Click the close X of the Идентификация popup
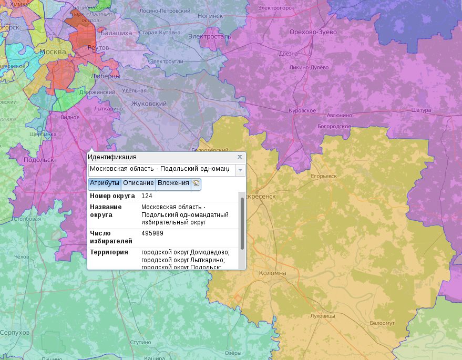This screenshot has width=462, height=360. [240, 157]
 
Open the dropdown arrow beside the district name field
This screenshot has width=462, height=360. [240, 170]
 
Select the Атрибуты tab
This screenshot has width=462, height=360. [105, 183]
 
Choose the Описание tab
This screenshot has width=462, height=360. [138, 183]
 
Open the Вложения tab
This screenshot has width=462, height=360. [173, 183]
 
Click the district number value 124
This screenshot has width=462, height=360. [147, 196]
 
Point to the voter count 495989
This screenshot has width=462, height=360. [152, 233]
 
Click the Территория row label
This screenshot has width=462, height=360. [109, 252]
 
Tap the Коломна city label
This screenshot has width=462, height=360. [272, 273]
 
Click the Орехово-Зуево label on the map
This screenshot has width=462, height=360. [313, 32]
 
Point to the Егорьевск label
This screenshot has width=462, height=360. [324, 176]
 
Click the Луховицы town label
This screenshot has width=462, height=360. [323, 316]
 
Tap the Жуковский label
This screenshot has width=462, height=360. [149, 104]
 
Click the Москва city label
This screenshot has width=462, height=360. [53, 52]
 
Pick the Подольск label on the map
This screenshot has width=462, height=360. [39, 160]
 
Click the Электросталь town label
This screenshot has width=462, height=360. [210, 37]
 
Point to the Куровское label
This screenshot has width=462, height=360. [302, 111]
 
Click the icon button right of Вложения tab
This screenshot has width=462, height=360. [196, 183]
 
